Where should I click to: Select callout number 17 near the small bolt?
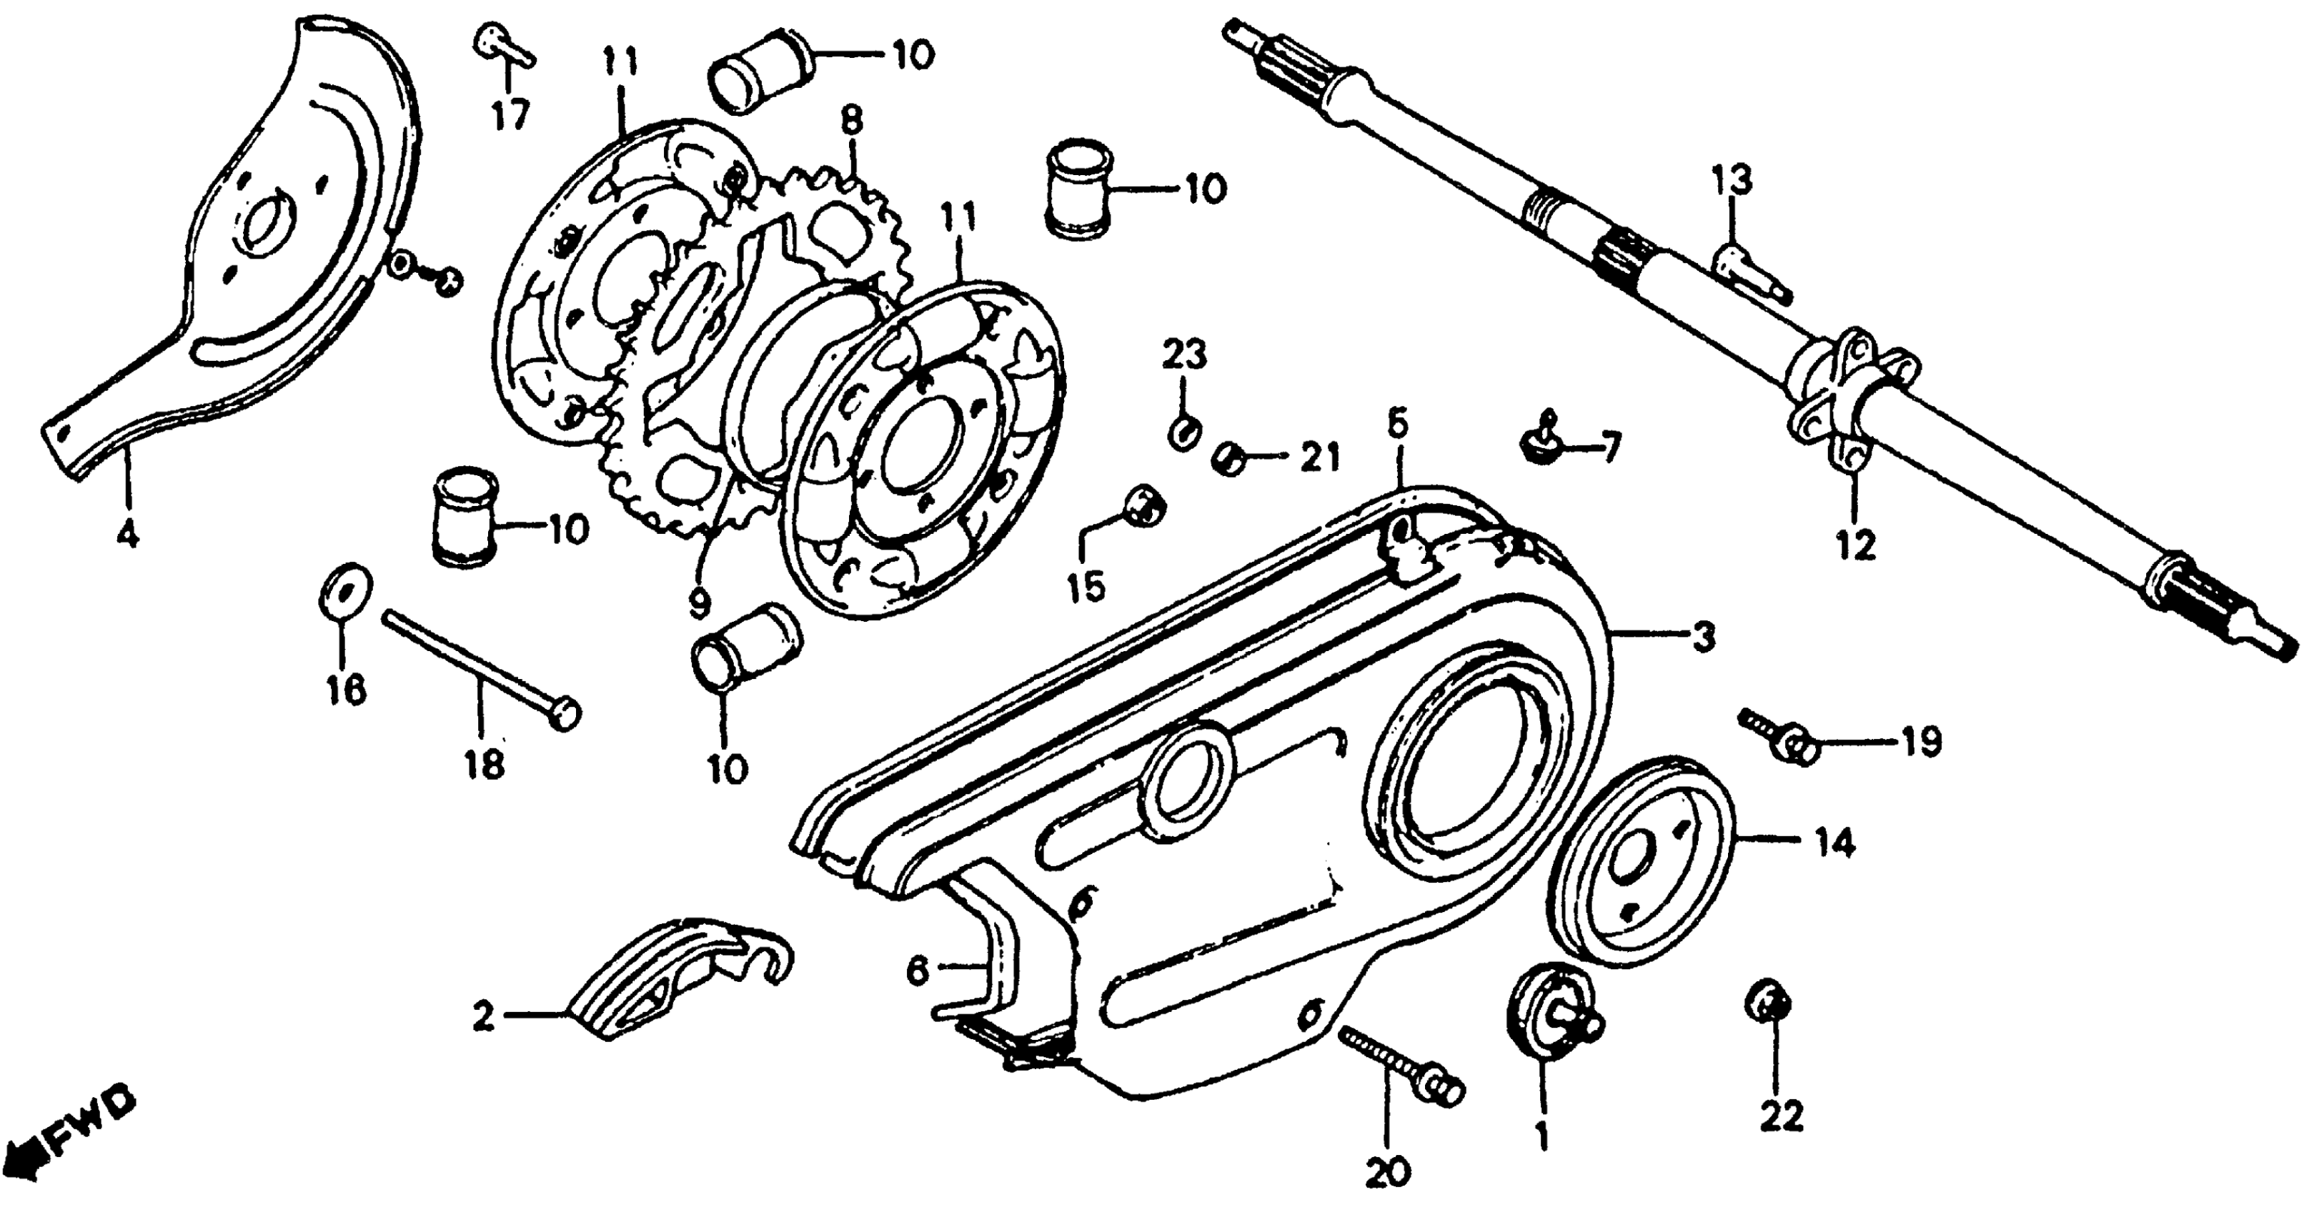[x=511, y=115]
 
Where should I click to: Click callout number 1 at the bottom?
[x=1540, y=1136]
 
